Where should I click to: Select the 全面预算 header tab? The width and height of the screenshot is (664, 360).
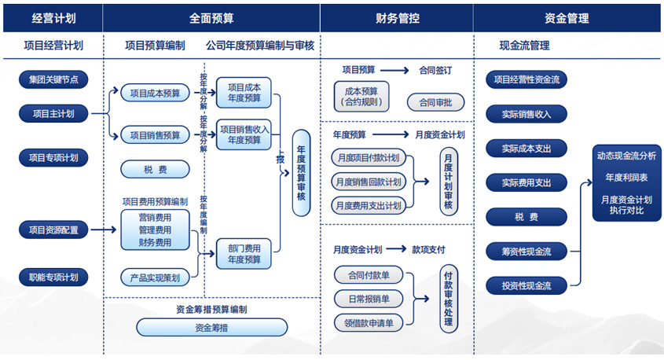click(x=211, y=17)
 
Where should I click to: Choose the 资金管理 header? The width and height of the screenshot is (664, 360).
click(x=567, y=17)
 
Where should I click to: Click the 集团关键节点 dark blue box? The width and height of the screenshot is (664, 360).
click(x=53, y=79)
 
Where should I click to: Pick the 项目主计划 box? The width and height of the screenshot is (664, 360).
click(x=53, y=113)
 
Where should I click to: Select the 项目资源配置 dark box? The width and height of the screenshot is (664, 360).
click(x=53, y=230)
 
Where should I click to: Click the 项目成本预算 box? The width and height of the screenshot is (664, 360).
click(x=155, y=94)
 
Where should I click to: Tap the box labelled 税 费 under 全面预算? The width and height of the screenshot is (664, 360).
click(x=155, y=168)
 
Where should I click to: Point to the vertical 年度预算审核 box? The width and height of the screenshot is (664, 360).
click(x=301, y=174)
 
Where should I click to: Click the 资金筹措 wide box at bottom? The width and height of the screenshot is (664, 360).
click(x=211, y=327)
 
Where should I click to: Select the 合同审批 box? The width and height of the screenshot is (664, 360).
click(x=435, y=102)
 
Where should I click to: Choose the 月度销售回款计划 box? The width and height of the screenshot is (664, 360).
click(x=369, y=182)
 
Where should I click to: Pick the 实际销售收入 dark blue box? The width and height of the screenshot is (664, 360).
click(x=526, y=114)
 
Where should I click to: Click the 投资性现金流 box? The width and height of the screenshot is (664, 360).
click(x=526, y=285)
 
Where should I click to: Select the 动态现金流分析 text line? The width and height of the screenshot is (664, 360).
click(x=625, y=156)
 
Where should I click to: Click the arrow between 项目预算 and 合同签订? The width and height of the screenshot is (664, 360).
click(x=394, y=71)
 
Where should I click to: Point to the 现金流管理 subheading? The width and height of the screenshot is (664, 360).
click(x=524, y=46)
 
